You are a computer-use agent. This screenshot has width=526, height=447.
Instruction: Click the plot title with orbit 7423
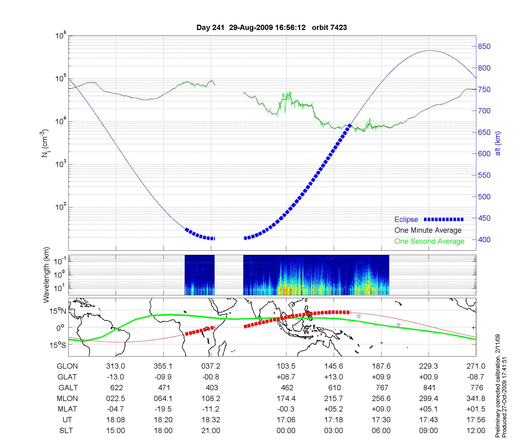point(271,27)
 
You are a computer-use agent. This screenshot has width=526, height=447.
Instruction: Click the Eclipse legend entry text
point(406,220)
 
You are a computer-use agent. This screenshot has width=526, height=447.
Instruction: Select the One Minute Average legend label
point(428,230)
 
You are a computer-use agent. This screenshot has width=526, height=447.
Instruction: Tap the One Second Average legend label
point(429,241)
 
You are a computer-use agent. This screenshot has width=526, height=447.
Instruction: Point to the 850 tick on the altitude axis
point(484,47)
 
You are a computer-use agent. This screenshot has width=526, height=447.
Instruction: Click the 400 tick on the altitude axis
point(484,240)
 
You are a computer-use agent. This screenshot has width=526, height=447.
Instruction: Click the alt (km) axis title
point(498,143)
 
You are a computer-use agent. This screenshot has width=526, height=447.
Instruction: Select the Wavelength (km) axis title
point(46,275)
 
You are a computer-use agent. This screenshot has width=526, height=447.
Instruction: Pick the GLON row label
point(67,366)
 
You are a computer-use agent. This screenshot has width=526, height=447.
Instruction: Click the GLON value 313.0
point(115,366)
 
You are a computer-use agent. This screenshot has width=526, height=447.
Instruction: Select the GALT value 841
point(429,388)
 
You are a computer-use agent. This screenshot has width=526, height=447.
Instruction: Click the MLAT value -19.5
point(163,409)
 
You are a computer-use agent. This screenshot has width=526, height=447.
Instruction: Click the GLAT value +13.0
point(333,377)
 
